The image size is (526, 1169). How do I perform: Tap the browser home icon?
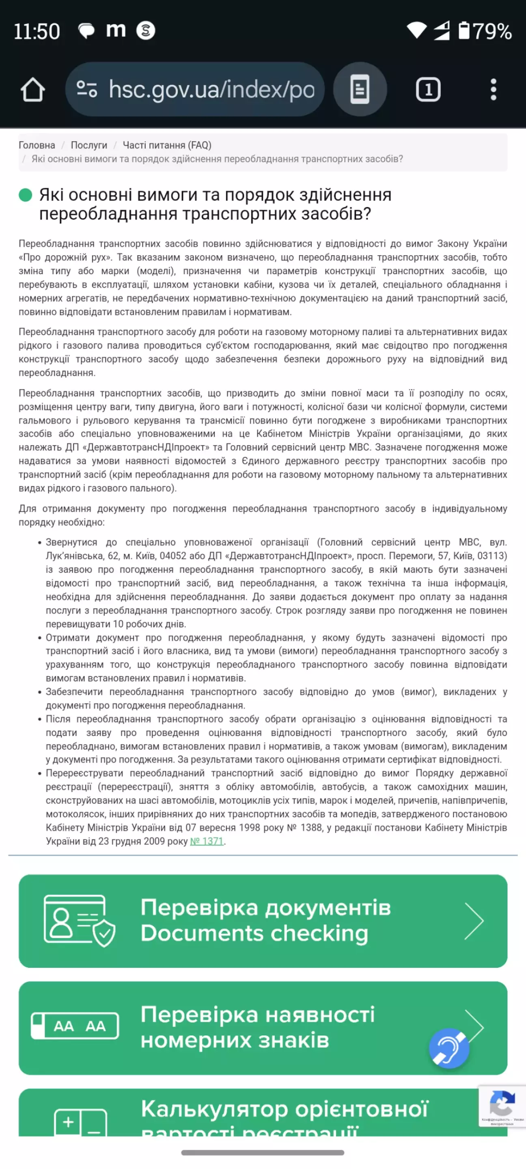(33, 89)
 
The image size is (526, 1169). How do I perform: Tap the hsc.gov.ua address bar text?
(211, 89)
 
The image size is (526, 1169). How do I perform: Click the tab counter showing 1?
(428, 89)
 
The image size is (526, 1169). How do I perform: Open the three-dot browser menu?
(493, 89)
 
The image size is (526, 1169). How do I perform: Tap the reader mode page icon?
(360, 89)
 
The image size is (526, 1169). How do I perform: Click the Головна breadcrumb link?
(37, 145)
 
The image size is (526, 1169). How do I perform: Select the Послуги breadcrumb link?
(89, 145)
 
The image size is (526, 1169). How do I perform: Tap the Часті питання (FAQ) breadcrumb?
(167, 145)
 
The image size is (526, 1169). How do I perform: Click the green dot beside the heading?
(26, 195)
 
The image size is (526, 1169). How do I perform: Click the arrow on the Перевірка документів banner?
(474, 921)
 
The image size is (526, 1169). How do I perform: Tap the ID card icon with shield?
(80, 921)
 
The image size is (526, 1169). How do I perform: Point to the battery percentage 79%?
(492, 31)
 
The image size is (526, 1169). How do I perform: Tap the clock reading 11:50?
(37, 31)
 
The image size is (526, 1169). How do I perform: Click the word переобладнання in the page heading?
(108, 214)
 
